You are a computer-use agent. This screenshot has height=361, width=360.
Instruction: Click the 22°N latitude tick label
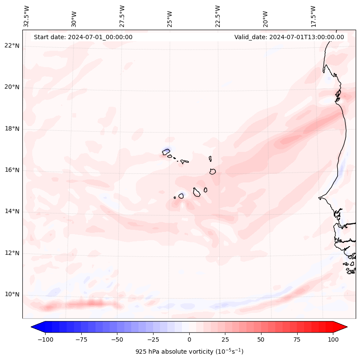click(x=12, y=46)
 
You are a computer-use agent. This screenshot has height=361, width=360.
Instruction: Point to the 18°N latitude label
click(x=12, y=129)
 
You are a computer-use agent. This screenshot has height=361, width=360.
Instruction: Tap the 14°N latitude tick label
click(x=12, y=211)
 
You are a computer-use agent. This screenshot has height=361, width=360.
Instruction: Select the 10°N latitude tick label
click(x=12, y=294)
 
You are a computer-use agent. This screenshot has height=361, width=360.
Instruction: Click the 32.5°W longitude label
click(x=27, y=16)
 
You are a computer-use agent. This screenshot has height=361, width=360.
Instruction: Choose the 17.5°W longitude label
click(x=313, y=16)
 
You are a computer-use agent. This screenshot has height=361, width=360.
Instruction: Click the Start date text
click(x=83, y=37)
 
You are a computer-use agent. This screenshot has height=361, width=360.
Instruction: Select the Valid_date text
click(x=289, y=37)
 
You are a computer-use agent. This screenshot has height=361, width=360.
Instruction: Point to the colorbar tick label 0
click(x=189, y=339)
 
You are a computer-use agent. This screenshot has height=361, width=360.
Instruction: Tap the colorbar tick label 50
click(x=261, y=339)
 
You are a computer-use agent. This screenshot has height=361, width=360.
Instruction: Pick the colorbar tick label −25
click(x=153, y=339)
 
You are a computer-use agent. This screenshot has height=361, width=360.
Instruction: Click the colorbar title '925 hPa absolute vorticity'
click(x=189, y=352)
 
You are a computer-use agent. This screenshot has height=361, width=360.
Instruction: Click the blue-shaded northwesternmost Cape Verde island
click(x=166, y=151)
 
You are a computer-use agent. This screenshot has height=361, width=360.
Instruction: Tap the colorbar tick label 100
click(x=332, y=339)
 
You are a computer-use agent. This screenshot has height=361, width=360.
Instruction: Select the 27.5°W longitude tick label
click(x=122, y=16)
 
